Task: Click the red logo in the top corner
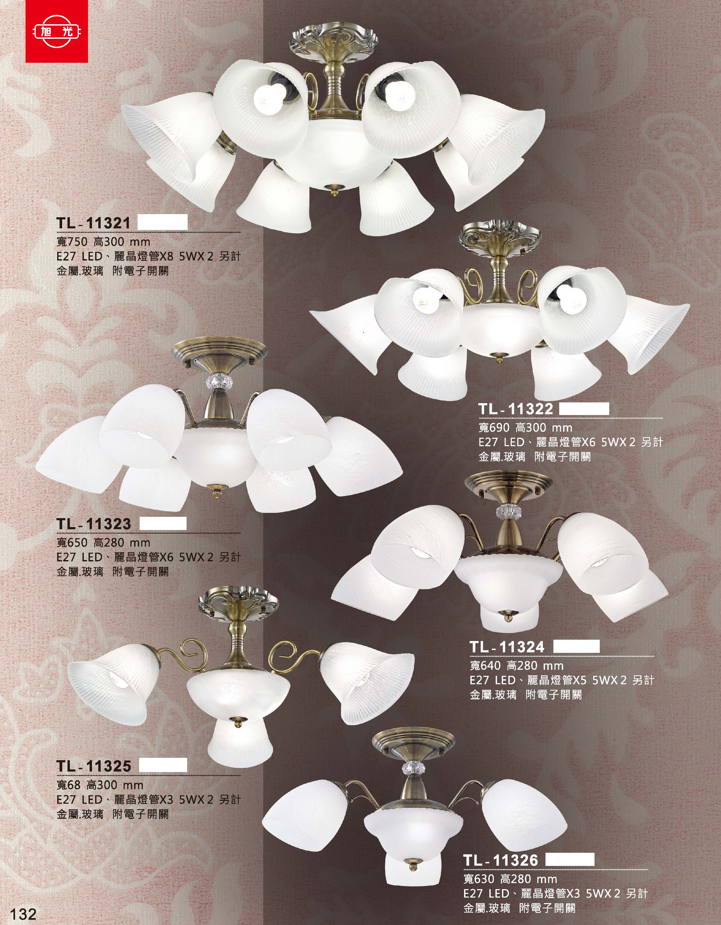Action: [x=57, y=31]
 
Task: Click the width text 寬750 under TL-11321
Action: [x=71, y=242]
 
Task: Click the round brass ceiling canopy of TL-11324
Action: [x=508, y=484]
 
